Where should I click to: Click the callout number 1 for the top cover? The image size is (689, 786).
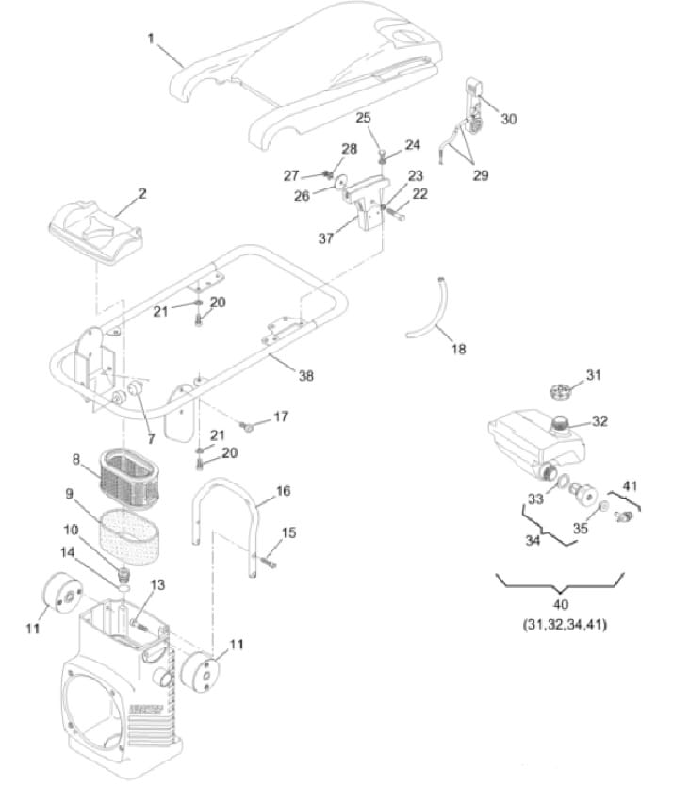pos(151,39)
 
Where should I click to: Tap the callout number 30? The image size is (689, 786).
pos(508,119)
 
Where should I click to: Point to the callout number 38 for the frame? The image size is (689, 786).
pos(306,375)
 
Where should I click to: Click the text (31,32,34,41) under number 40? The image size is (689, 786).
pos(565,625)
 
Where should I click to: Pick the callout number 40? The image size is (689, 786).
pos(561,604)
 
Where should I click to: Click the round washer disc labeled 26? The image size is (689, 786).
pos(343,182)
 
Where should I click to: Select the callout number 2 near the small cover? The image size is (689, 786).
pos(142,193)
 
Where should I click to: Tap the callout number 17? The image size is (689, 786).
pos(281,416)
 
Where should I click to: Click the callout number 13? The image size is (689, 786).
pos(157,584)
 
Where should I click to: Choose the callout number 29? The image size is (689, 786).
pos(481,175)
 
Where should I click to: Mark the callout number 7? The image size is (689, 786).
pos(151,438)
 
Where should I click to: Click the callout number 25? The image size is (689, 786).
pos(363,117)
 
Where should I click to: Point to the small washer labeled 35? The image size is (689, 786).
pos(603,507)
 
